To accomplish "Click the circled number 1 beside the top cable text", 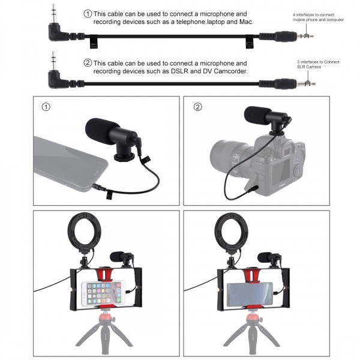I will (88, 13).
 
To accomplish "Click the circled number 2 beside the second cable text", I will (88, 63).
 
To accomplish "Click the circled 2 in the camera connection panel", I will (199, 108).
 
